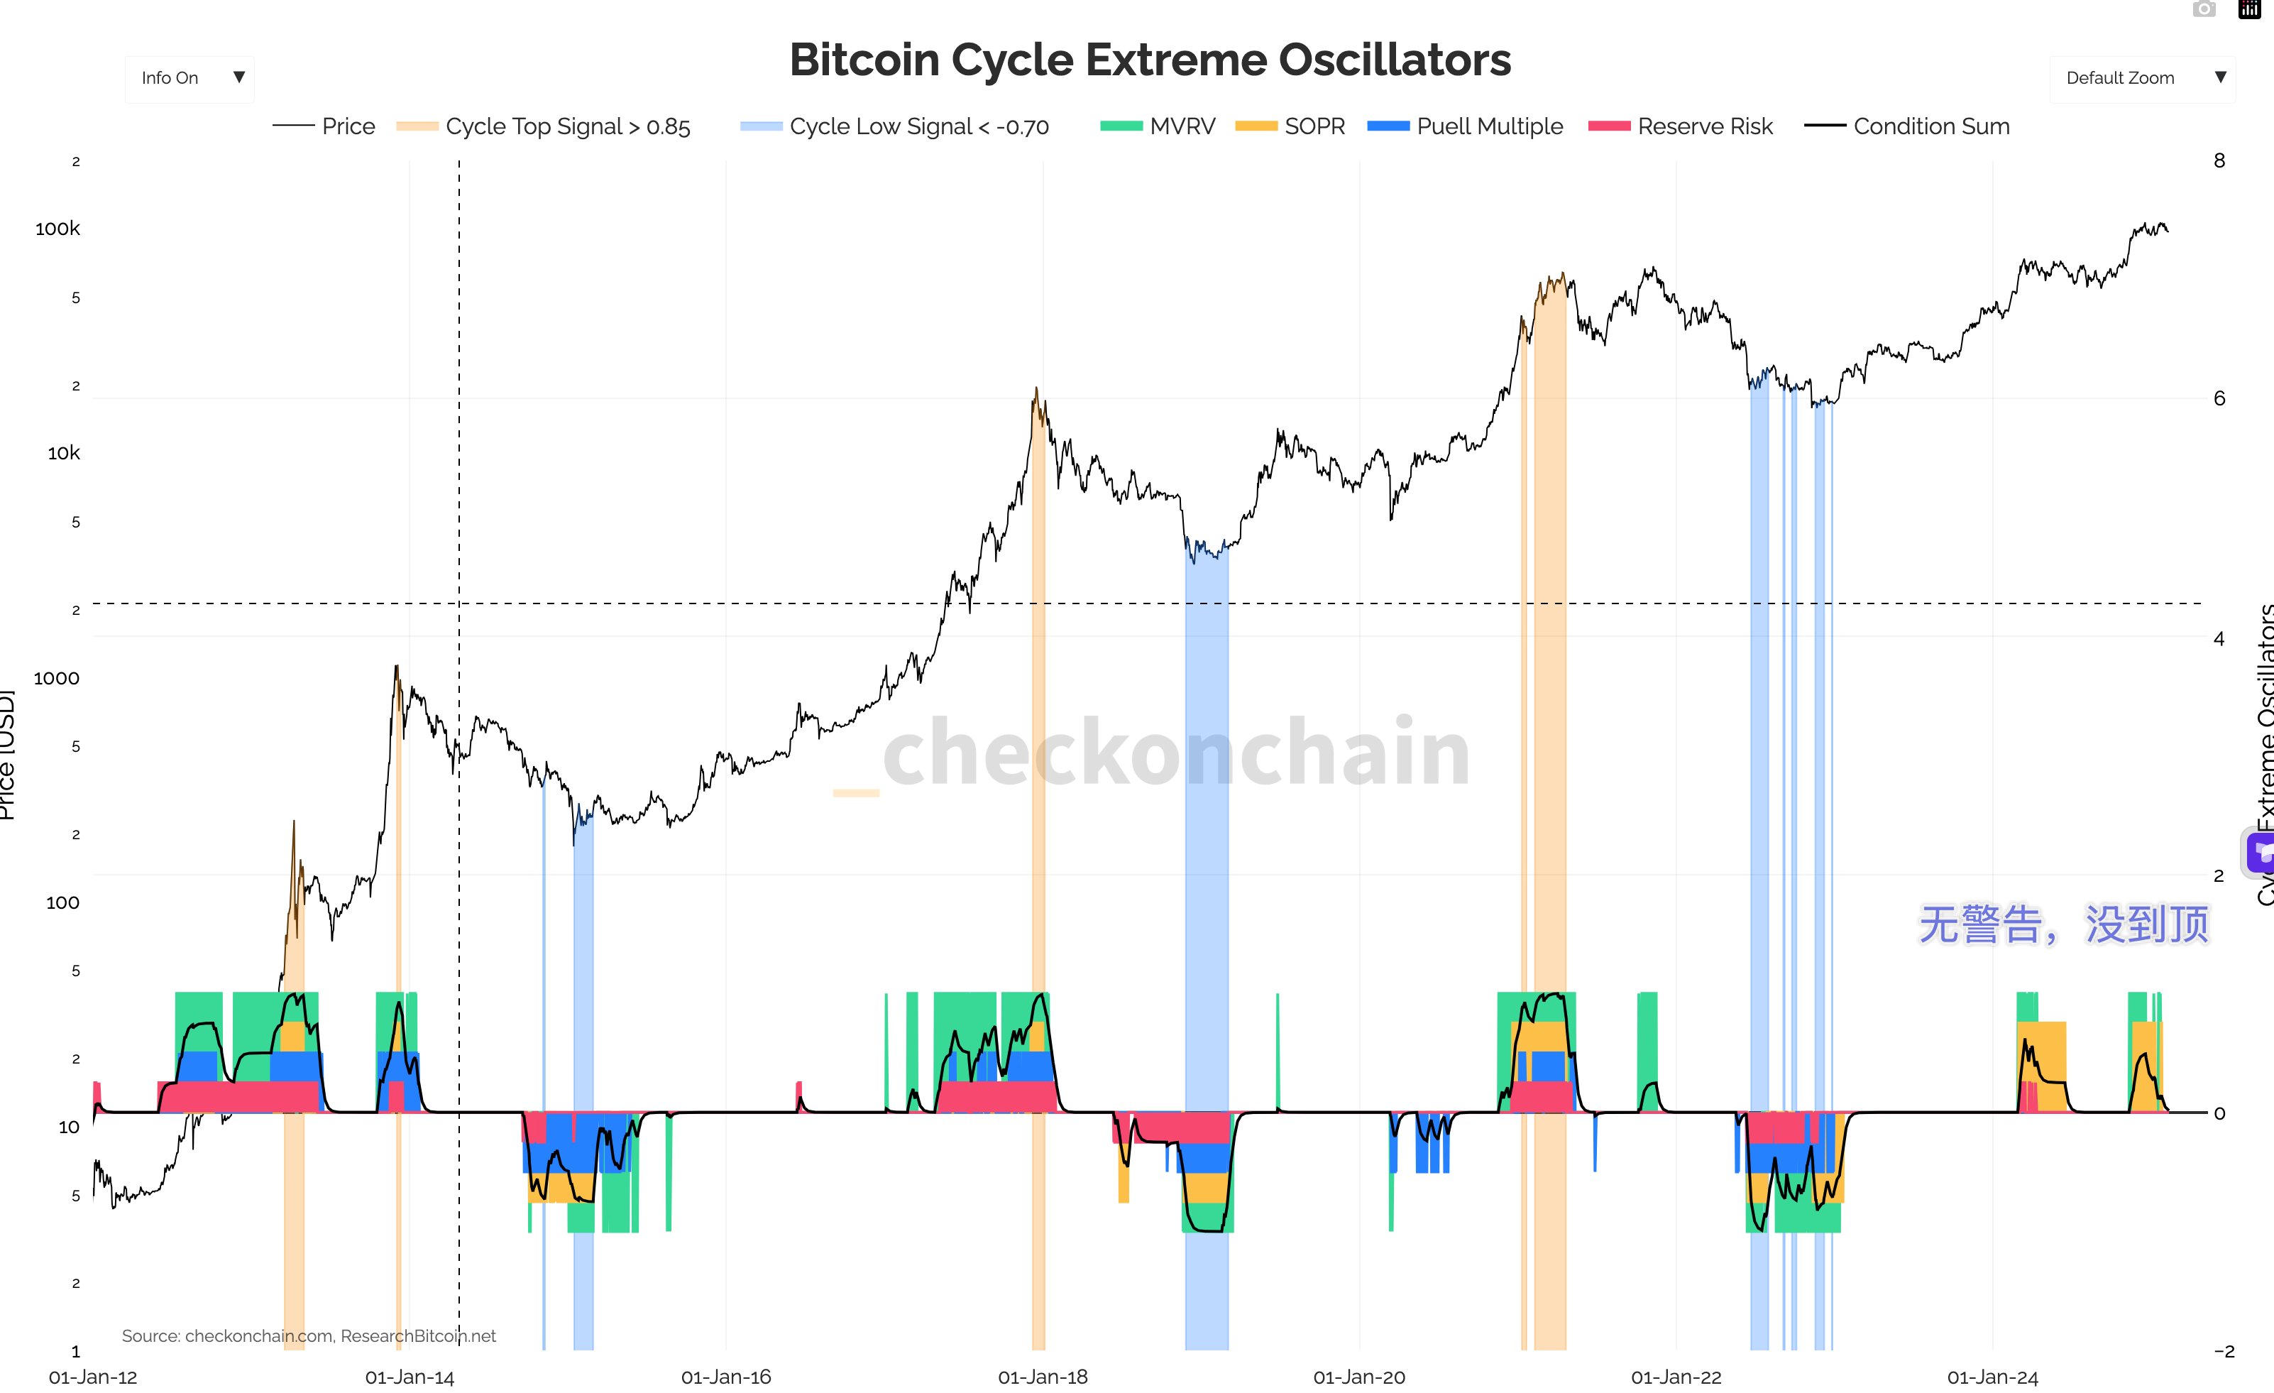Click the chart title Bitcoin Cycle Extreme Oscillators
pyautogui.click(x=1150, y=60)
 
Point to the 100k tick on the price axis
pyautogui.click(x=57, y=229)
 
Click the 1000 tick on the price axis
pyautogui.click(x=56, y=679)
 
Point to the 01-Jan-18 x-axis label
pyautogui.click(x=1043, y=1377)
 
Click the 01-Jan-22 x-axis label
pyautogui.click(x=1676, y=1377)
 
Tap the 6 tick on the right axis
pyautogui.click(x=2219, y=399)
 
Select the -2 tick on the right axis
pyautogui.click(x=2223, y=1351)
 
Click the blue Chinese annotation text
pyautogui.click(x=2064, y=925)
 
